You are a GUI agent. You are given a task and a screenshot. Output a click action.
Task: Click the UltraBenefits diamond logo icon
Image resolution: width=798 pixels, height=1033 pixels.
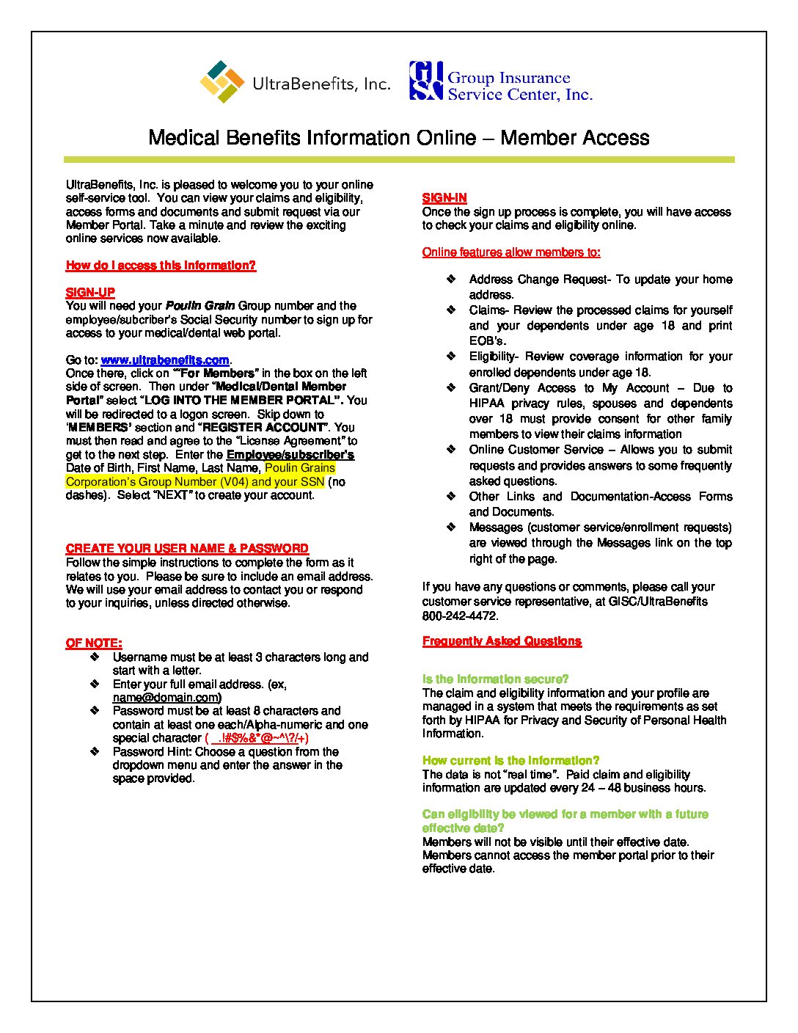pyautogui.click(x=222, y=81)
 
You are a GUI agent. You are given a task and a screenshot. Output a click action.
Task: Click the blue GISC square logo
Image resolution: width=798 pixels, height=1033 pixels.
pyautogui.click(x=426, y=81)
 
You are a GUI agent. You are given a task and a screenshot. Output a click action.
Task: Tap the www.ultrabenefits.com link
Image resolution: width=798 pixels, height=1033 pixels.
pyautogui.click(x=165, y=360)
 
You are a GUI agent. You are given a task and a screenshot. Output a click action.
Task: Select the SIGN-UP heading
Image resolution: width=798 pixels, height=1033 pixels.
pyautogui.click(x=90, y=293)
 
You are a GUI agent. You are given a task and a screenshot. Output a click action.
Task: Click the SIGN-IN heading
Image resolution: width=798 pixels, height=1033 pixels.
pyautogui.click(x=444, y=198)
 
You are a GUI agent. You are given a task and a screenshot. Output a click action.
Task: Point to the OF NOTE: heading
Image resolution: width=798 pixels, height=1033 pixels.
pyautogui.click(x=94, y=643)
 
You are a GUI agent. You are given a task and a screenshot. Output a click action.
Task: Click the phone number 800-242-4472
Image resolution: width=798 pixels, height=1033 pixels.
pyautogui.click(x=460, y=616)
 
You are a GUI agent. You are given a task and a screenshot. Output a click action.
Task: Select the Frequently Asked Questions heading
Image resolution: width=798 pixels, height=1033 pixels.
pyautogui.click(x=502, y=641)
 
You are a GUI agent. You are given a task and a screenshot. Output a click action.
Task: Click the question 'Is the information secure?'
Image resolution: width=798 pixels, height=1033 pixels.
pyautogui.click(x=495, y=679)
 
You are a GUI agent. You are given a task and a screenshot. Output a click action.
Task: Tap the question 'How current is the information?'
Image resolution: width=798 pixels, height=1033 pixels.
pyautogui.click(x=510, y=761)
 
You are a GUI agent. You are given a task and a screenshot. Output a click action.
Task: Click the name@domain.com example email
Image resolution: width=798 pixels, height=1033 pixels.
pyautogui.click(x=166, y=698)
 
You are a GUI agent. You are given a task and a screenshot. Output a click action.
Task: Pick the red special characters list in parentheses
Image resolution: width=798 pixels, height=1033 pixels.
pyautogui.click(x=257, y=738)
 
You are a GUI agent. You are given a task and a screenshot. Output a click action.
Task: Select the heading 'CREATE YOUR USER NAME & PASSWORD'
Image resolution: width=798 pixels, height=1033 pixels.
pyautogui.click(x=187, y=549)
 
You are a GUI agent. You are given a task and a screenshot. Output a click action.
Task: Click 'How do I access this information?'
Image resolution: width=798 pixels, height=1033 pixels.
pyautogui.click(x=161, y=266)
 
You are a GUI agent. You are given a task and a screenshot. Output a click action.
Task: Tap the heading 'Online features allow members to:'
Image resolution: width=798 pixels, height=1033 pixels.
pyautogui.click(x=511, y=252)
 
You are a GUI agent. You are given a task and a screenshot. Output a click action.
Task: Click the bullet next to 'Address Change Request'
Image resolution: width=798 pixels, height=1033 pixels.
pyautogui.click(x=452, y=280)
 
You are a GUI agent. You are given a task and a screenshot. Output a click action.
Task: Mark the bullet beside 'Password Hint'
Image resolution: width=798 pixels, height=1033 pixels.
pyautogui.click(x=95, y=752)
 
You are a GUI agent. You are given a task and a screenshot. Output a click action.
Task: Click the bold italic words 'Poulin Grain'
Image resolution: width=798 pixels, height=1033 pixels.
pyautogui.click(x=200, y=306)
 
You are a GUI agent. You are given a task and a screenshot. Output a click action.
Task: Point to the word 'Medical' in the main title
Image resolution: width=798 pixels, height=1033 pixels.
pyautogui.click(x=183, y=138)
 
